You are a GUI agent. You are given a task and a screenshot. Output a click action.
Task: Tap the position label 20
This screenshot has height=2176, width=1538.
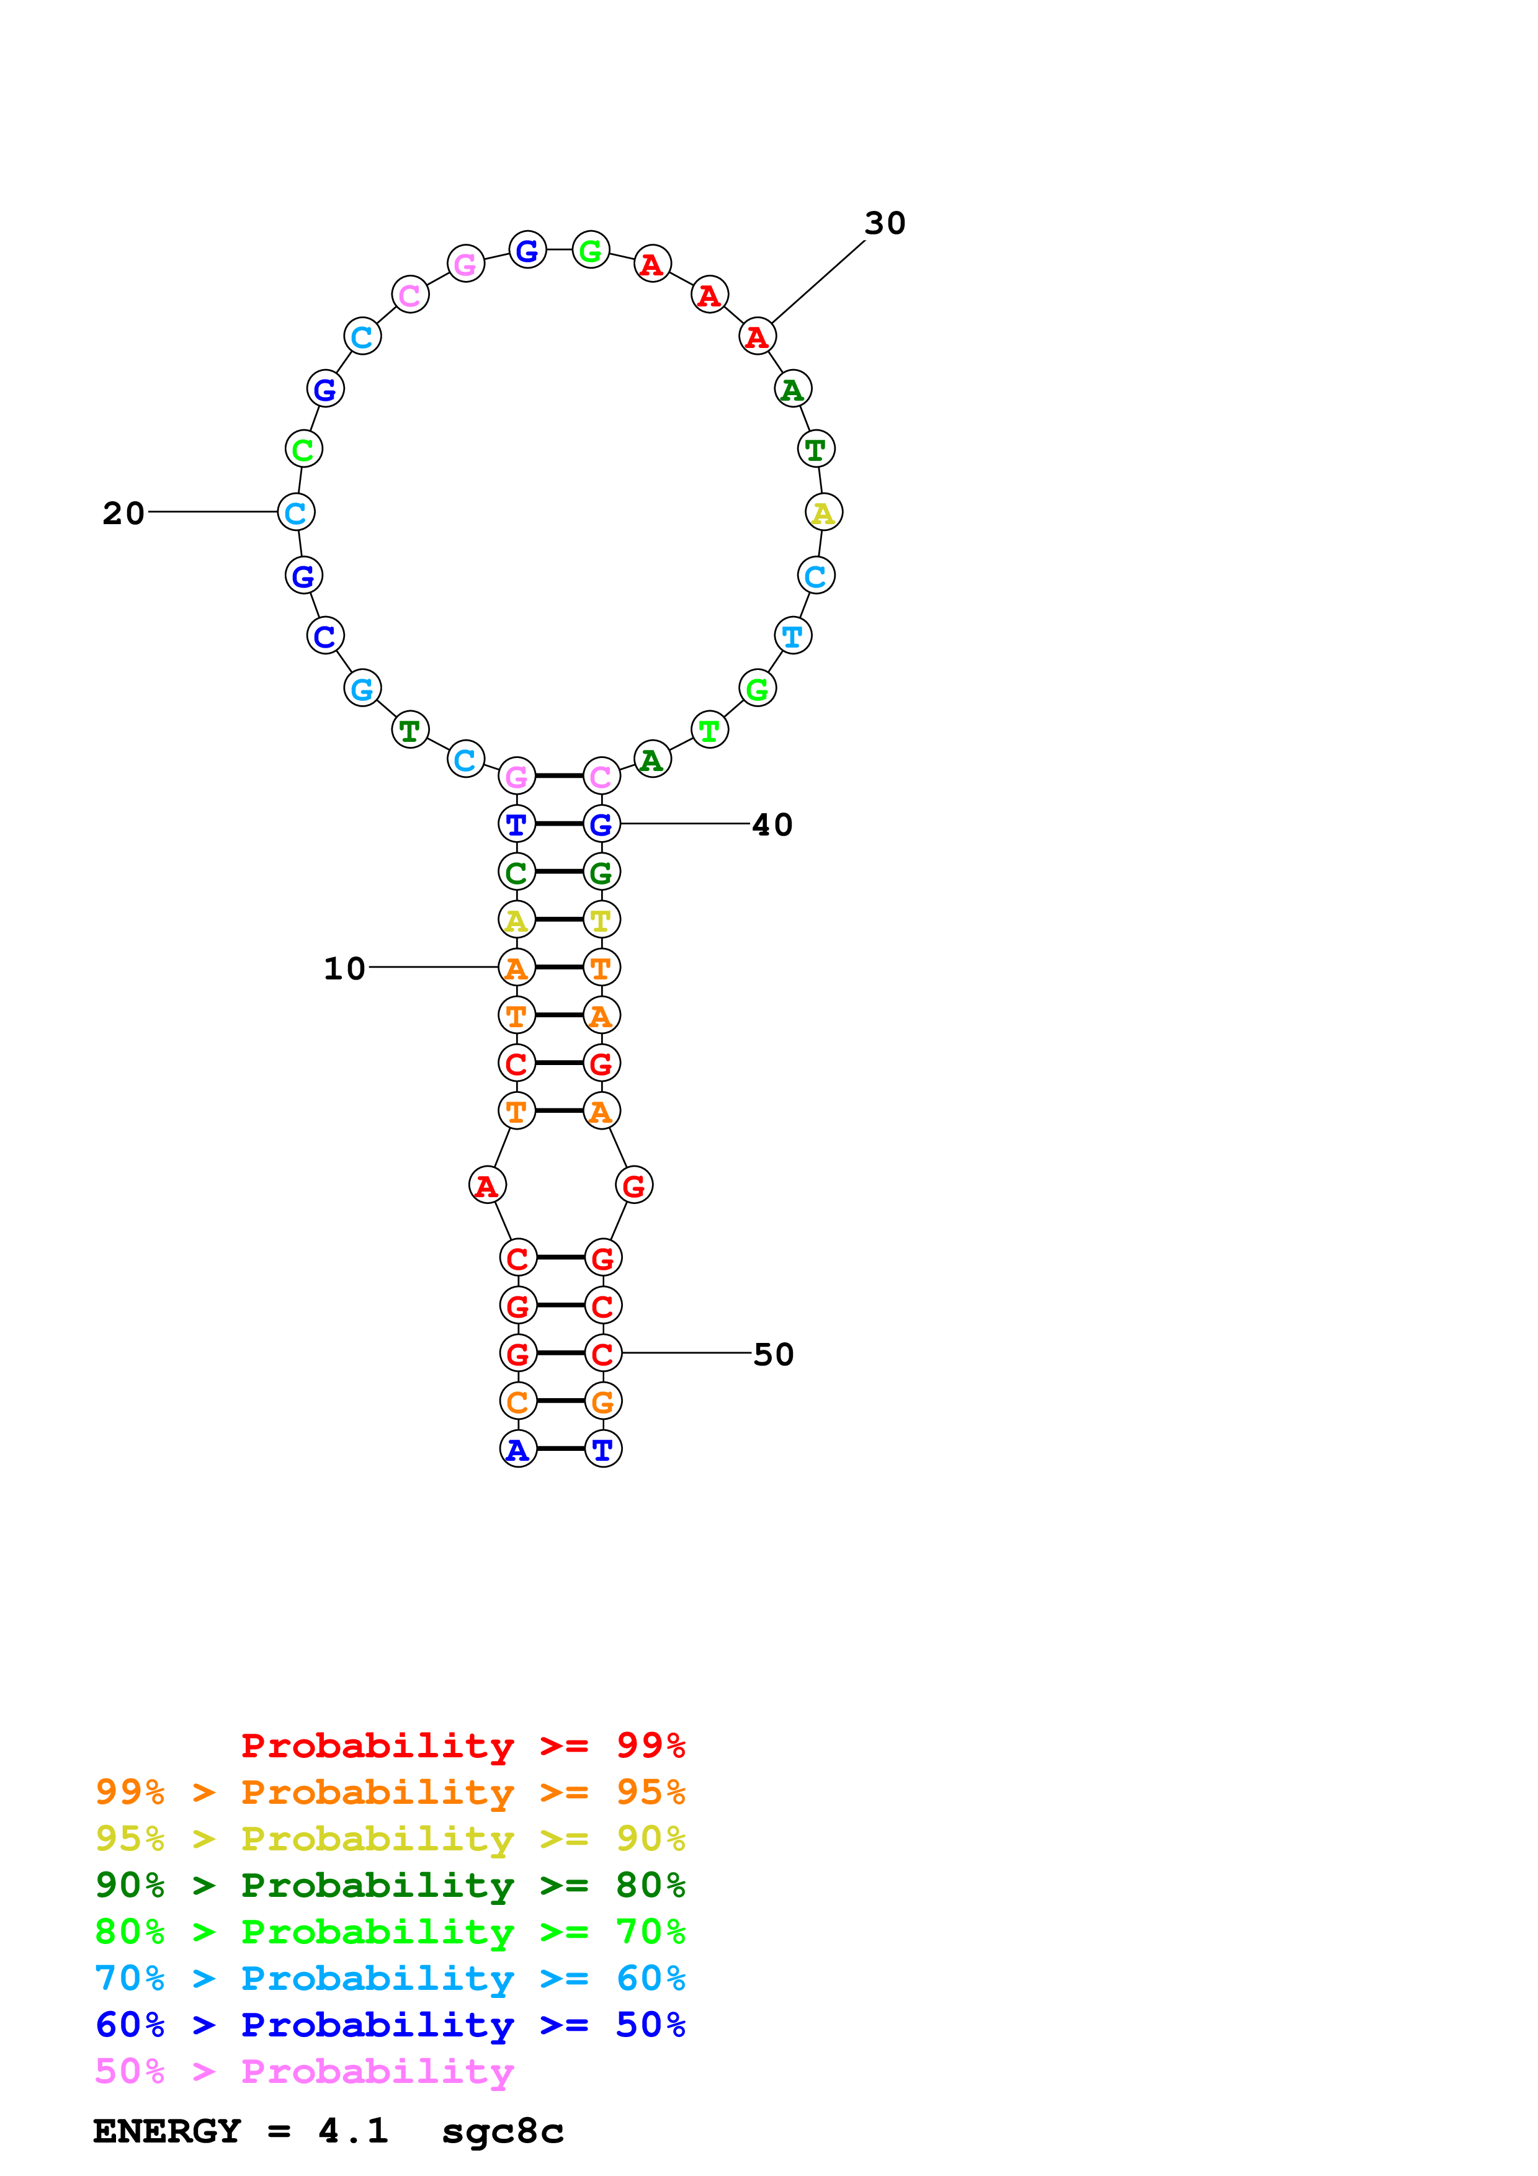coord(123,513)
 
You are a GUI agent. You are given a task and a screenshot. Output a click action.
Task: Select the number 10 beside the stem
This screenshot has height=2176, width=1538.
coord(344,968)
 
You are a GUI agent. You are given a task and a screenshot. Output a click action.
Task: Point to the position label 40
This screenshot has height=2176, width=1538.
coord(772,824)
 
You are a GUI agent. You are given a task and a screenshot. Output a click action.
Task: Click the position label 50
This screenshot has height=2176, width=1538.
coord(773,1354)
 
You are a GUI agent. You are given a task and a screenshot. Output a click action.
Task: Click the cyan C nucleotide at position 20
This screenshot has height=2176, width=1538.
coord(296,513)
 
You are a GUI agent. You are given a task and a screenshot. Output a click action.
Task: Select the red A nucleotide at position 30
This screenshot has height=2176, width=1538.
coord(757,336)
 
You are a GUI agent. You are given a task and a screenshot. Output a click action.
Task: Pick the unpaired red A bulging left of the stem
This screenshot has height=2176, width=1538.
coord(487,1185)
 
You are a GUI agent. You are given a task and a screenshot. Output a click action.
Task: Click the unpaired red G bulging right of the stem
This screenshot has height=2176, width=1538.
coord(634,1185)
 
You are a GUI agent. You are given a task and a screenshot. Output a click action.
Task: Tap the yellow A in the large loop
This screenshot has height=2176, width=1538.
coord(823,513)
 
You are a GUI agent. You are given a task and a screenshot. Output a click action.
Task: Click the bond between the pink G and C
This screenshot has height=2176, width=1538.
coord(559,776)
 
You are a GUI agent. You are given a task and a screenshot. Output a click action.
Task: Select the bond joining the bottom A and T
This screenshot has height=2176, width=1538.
coord(560,1449)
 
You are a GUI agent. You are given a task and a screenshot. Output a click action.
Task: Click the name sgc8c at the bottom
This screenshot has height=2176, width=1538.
coord(503,2131)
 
